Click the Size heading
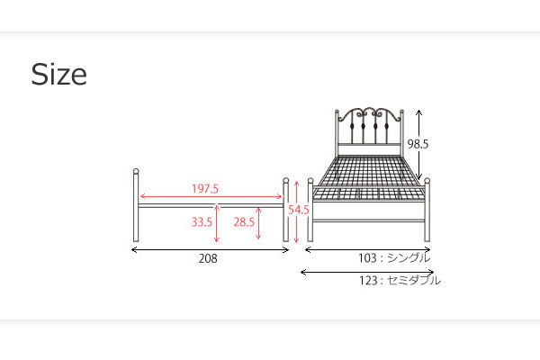(58, 75)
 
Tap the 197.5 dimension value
(205, 189)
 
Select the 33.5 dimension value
(202, 222)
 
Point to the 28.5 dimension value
(244, 222)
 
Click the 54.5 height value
(299, 210)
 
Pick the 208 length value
(208, 258)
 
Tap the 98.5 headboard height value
(418, 144)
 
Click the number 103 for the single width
(367, 257)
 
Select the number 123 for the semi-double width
(368, 281)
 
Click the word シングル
(408, 257)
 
